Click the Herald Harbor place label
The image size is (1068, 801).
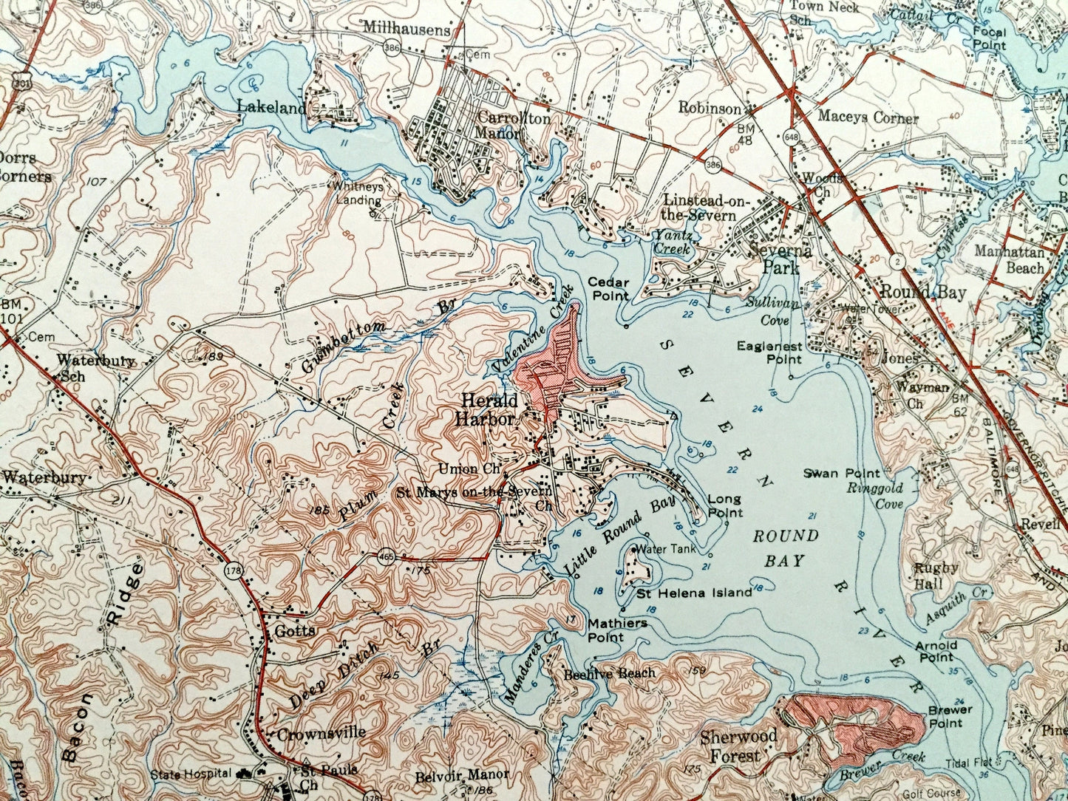point(489,409)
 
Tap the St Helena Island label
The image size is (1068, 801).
point(694,592)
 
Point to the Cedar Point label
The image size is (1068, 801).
point(608,289)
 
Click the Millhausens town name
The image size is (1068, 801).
point(406,30)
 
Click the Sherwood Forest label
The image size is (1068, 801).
point(738,746)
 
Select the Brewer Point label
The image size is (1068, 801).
point(950,716)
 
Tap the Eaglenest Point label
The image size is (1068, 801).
point(769,352)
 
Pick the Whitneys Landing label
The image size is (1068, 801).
point(357,194)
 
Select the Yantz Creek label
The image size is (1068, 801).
point(673,242)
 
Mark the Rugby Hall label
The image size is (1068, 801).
point(936,576)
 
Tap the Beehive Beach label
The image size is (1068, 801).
point(608,673)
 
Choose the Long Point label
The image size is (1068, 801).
point(724,506)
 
